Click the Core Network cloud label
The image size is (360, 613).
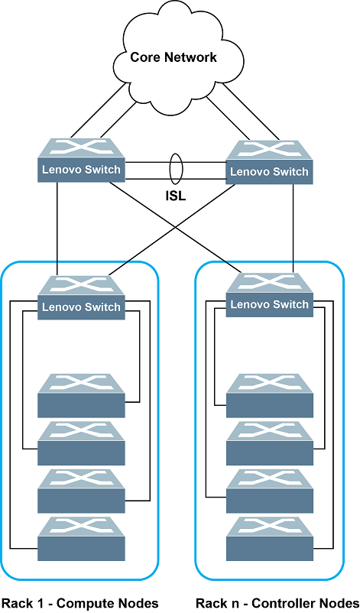[x=174, y=57]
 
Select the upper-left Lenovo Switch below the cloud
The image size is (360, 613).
[x=81, y=161]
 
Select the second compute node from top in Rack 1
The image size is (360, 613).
[x=81, y=443]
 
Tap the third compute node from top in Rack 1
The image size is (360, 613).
[x=81, y=491]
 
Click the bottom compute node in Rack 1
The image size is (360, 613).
[x=81, y=539]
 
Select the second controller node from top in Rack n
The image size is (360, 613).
[x=269, y=443]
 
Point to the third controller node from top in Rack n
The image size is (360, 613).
[x=269, y=491]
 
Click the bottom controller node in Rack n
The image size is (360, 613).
[x=269, y=539]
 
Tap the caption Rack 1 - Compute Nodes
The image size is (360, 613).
[x=80, y=603]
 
